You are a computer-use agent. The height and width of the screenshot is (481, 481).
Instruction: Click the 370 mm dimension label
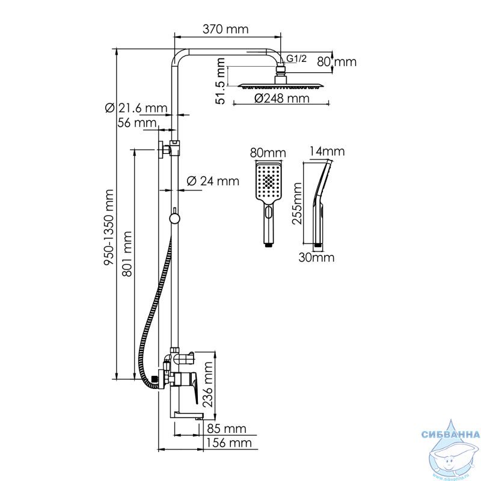pyautogui.click(x=225, y=29)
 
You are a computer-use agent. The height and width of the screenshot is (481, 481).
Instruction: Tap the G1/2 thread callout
pyautogui.click(x=296, y=58)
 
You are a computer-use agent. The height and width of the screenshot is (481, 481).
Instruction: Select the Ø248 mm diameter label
pyautogui.click(x=281, y=99)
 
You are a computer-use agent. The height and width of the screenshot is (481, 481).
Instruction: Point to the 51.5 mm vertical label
pyautogui.click(x=220, y=81)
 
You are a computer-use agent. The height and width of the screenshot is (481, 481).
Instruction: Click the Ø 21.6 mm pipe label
pyautogui.click(x=136, y=108)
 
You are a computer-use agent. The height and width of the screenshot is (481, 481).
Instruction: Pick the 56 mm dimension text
pyautogui.click(x=137, y=123)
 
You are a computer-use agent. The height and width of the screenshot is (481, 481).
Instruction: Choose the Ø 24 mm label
pyautogui.click(x=213, y=181)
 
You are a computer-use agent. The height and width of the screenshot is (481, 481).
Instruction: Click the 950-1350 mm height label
pyautogui.click(x=109, y=227)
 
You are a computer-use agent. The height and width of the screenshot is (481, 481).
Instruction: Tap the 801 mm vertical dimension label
pyautogui.click(x=127, y=254)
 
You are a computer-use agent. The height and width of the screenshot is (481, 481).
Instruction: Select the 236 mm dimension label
pyautogui.click(x=208, y=384)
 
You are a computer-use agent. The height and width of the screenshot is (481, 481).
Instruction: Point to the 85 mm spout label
pyautogui.click(x=227, y=429)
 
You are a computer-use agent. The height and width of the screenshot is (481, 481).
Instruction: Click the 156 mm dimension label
pyautogui.click(x=228, y=443)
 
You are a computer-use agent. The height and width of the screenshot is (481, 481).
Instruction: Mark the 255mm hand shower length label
pyautogui.click(x=297, y=203)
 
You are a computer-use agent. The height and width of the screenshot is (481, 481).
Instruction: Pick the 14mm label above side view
pyautogui.click(x=327, y=152)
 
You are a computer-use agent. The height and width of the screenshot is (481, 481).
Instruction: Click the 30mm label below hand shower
pyautogui.click(x=316, y=257)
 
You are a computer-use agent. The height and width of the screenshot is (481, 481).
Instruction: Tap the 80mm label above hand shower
pyautogui.click(x=268, y=153)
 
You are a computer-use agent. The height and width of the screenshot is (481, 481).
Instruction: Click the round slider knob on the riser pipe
pyautogui.click(x=174, y=218)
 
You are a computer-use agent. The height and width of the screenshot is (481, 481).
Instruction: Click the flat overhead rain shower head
pyautogui.click(x=281, y=86)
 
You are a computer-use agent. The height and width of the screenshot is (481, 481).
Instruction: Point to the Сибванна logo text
pyautogui.click(x=450, y=434)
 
